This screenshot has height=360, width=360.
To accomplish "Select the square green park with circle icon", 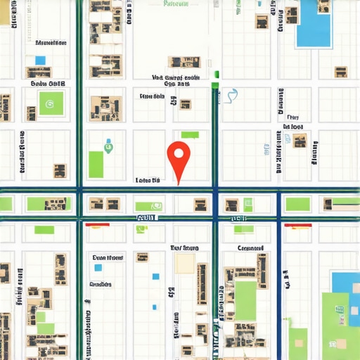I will [50, 104].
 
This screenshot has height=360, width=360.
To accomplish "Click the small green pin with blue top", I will [108, 147].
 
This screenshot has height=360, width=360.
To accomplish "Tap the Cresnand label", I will [250, 248].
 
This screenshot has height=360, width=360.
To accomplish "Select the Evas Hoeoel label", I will [108, 257].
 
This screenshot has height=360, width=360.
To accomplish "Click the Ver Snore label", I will [185, 248].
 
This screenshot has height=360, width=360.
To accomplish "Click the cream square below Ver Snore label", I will [185, 264].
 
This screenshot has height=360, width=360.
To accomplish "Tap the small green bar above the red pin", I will [190, 135].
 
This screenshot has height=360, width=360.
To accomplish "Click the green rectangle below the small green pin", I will [96, 165].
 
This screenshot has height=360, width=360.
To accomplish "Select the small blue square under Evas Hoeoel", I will [98, 268].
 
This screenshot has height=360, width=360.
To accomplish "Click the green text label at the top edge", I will [176, 4].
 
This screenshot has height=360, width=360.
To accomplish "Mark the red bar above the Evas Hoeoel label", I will [97, 225].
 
